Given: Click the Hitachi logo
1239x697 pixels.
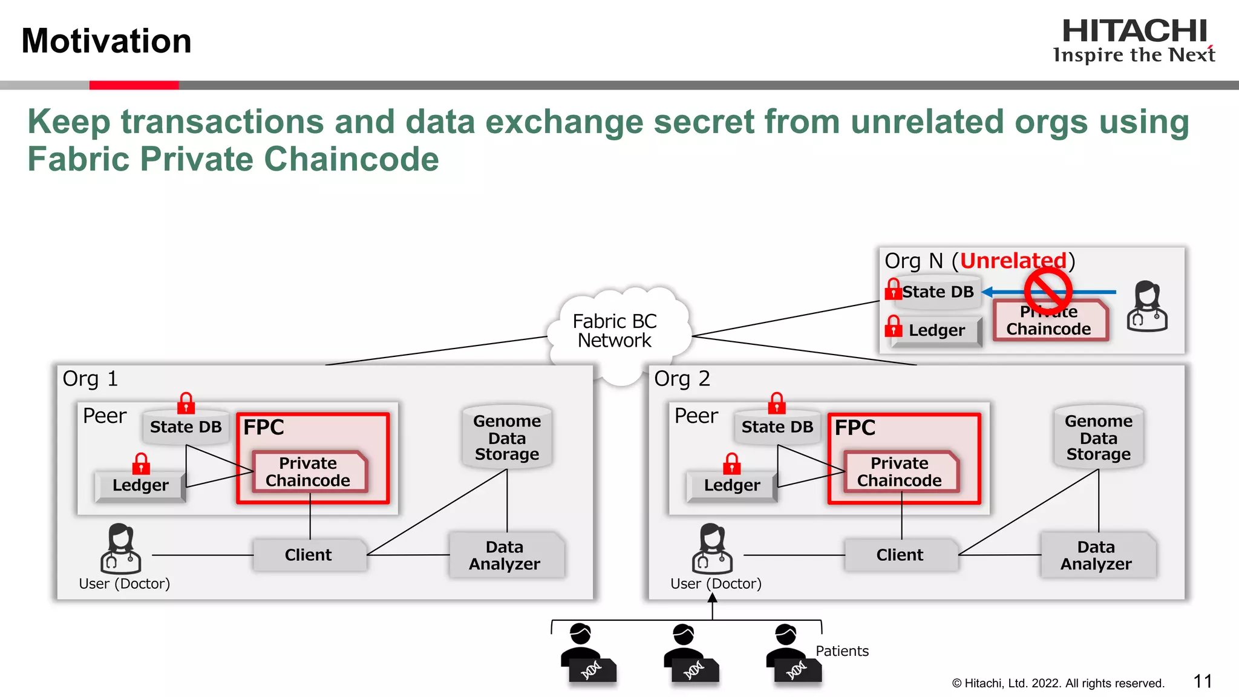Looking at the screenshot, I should [1134, 40].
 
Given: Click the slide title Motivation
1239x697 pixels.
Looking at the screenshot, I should [106, 41].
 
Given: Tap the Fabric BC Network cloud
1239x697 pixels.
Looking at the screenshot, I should [615, 331].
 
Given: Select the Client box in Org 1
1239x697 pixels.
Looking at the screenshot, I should [309, 555].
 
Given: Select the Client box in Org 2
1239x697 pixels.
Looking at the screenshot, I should [900, 555].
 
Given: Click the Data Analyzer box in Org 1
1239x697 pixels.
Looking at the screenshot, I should [505, 555].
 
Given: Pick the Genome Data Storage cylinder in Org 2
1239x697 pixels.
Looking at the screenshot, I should [1098, 437].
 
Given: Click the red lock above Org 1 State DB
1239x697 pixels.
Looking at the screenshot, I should [186, 403].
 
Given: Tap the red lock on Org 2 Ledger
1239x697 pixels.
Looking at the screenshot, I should [731, 464].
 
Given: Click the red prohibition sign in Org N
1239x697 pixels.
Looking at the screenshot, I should [1048, 290].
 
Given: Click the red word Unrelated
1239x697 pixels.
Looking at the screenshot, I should [1013, 261].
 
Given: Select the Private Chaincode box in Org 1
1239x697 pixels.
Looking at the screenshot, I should [308, 472].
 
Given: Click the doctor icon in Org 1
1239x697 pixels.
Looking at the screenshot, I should [120, 548].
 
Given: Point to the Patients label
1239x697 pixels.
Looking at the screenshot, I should [842, 651].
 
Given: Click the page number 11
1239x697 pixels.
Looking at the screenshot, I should [1202, 682].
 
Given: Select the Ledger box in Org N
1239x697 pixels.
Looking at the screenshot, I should [936, 330].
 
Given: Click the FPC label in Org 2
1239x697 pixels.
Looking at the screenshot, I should [855, 428].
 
